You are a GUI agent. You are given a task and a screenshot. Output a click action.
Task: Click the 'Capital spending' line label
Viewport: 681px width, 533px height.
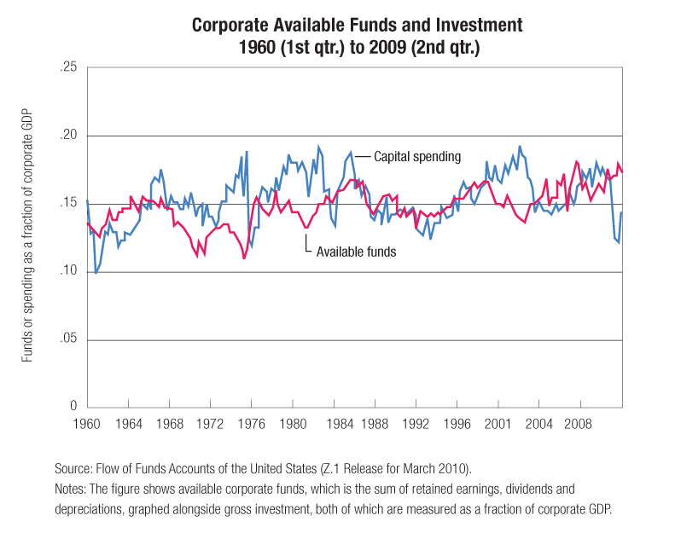point(416,157)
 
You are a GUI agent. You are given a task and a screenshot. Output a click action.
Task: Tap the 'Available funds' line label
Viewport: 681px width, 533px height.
point(356,252)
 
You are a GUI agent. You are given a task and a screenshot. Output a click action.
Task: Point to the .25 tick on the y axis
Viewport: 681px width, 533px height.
point(67,67)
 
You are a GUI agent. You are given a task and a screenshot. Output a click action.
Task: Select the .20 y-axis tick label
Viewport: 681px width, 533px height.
point(67,136)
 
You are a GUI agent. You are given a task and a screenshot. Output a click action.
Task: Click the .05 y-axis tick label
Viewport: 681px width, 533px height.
point(67,339)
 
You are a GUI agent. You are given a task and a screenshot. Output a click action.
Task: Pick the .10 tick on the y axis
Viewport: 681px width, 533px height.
point(67,271)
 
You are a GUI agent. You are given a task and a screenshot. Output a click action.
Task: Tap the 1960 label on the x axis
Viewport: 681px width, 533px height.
point(87,423)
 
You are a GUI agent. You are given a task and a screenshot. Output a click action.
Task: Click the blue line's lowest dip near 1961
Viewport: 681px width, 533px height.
point(96,273)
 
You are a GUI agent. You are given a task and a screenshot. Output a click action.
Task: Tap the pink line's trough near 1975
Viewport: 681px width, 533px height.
point(245,258)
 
